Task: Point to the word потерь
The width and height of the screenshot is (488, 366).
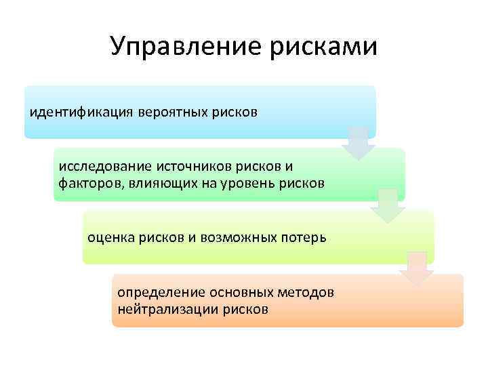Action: point(304,238)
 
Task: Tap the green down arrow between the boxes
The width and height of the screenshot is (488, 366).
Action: point(387,205)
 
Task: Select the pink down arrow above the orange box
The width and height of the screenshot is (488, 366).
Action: point(416,268)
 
